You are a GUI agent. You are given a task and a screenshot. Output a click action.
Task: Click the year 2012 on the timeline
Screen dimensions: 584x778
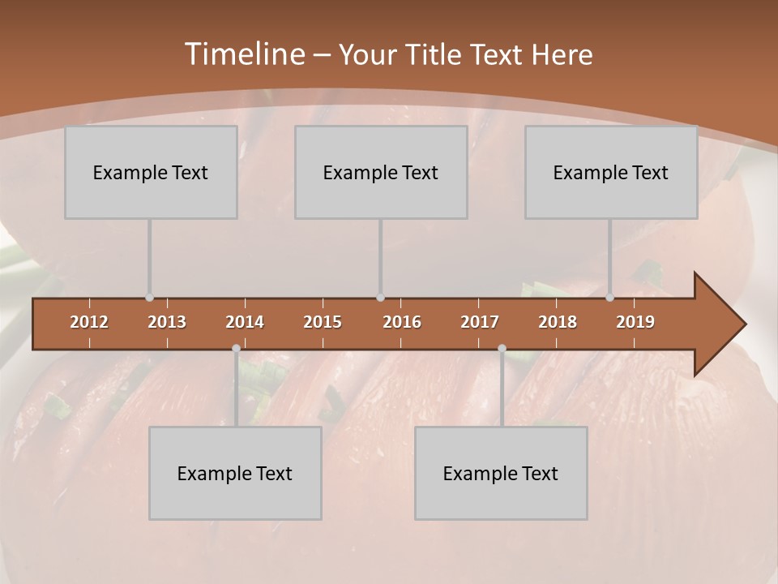89,322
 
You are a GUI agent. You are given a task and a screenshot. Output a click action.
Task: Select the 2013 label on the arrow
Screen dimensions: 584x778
167,322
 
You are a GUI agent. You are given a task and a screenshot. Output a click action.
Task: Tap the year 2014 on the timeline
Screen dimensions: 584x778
245,322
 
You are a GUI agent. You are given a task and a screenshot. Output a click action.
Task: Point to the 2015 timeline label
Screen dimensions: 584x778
323,322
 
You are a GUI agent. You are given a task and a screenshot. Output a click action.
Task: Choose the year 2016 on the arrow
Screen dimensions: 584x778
402,322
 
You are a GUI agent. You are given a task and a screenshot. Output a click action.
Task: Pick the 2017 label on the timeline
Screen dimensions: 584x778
480,322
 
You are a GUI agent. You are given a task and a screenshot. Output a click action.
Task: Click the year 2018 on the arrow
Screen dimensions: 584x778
558,322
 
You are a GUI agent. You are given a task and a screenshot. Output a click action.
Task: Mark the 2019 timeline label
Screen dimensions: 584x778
635,322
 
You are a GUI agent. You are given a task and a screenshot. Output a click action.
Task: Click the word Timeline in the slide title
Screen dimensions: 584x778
244,54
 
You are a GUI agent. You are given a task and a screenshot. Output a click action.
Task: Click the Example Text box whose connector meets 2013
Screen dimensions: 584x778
151,172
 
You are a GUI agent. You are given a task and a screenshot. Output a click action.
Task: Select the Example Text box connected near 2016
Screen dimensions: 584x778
381,172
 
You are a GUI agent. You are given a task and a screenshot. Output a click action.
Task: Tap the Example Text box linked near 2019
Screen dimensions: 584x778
611,172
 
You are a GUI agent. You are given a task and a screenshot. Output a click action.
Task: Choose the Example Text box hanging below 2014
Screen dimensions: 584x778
235,473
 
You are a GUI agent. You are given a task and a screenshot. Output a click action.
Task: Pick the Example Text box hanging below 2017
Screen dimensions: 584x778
501,473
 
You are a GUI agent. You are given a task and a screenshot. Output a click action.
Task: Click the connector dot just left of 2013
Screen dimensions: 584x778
149,298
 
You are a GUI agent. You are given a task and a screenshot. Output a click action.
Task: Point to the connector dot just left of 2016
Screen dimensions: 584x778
381,298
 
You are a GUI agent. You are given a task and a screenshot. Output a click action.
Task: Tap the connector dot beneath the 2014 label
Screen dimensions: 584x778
236,348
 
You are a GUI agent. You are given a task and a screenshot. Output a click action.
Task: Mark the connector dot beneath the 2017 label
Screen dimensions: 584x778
502,348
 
